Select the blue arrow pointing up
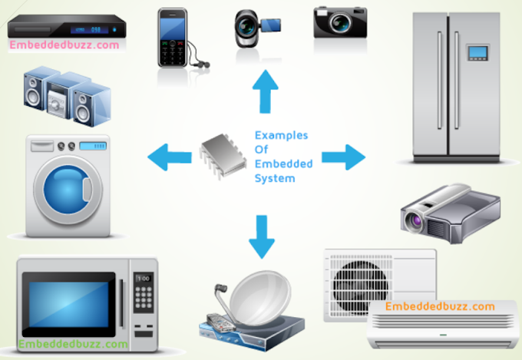tap(266, 90)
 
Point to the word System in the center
tap(274, 179)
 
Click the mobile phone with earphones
tap(174, 38)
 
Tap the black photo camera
tap(339, 23)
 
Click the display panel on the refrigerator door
tap(478, 52)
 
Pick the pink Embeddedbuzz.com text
tap(64, 45)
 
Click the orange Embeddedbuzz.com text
tap(440, 306)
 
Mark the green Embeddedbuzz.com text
tap(74, 344)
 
